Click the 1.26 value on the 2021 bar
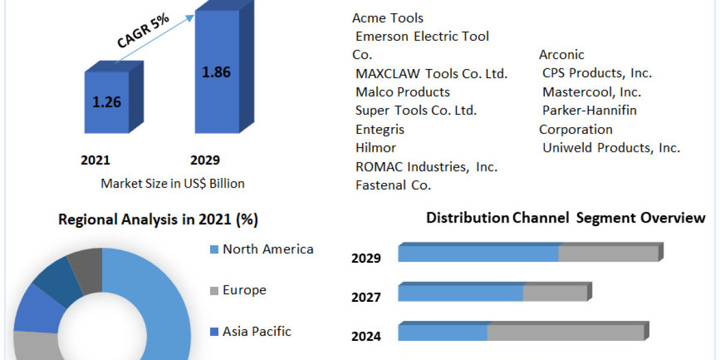106,102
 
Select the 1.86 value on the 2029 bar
216,72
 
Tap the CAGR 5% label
142,31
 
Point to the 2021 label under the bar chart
95,160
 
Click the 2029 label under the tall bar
205,160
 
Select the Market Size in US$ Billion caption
173,184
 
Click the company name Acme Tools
388,18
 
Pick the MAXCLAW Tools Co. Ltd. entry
431,74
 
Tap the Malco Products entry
403,92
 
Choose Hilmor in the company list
376,148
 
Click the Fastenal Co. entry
393,185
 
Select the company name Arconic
562,55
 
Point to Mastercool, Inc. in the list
592,92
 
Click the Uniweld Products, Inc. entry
611,148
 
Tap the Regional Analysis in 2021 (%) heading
158,220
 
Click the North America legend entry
268,249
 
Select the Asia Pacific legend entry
257,331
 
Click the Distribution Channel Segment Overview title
566,218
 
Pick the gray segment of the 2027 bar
554,293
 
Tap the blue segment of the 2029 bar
478,254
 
